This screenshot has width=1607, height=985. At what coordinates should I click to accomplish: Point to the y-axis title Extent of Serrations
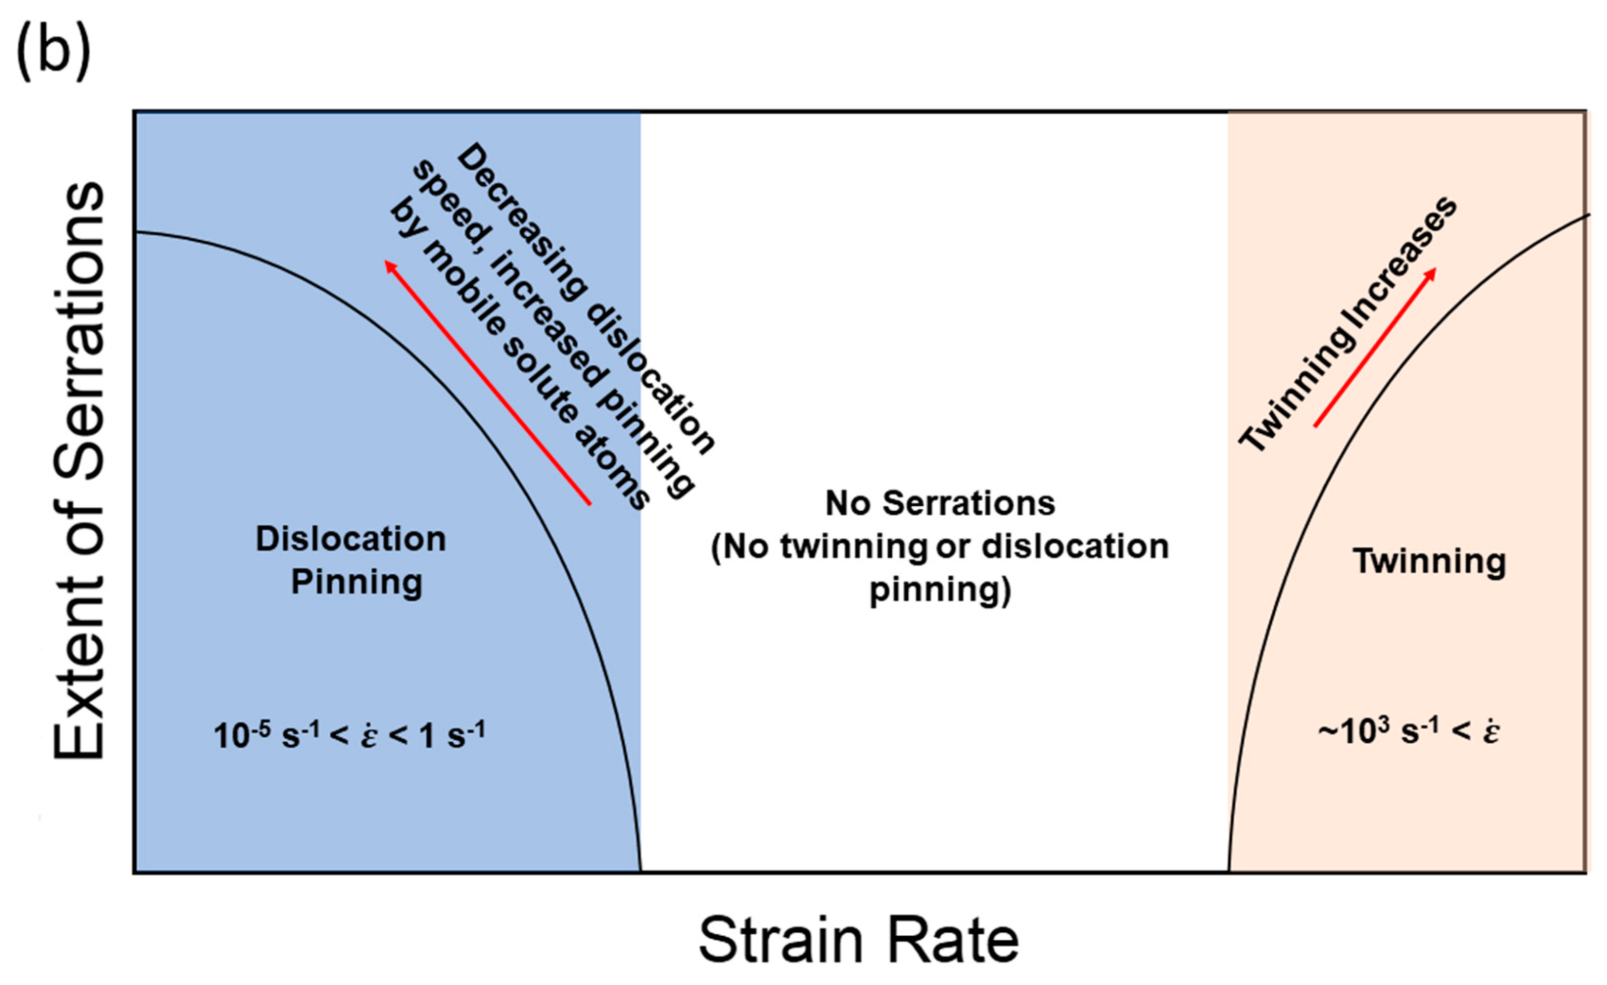tap(80, 470)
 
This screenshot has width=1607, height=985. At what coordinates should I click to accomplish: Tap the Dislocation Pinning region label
tap(352, 559)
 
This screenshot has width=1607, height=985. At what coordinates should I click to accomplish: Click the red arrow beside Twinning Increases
tap(1375, 347)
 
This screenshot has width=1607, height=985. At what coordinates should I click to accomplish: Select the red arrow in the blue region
tap(488, 382)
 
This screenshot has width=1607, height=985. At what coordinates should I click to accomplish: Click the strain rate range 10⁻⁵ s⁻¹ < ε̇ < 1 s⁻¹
tap(350, 736)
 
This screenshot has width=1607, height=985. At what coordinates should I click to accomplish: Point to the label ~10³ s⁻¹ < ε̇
tap(1409, 732)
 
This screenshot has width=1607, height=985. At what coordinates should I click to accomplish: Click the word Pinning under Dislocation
tap(357, 582)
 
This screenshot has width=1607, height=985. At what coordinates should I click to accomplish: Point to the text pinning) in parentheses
tap(940, 591)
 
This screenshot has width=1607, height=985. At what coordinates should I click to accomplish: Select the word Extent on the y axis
tap(80, 685)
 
